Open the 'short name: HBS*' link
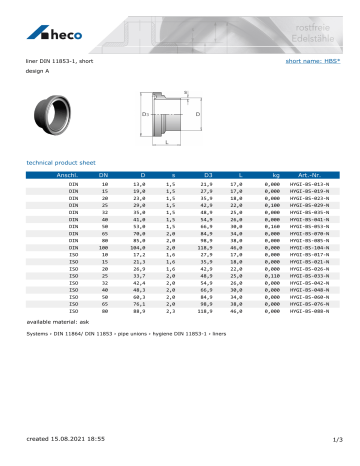[317, 60]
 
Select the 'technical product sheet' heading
[65, 160]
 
